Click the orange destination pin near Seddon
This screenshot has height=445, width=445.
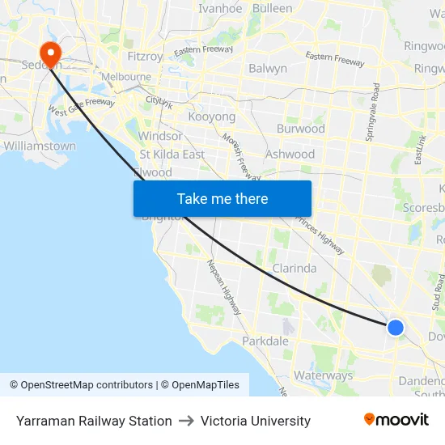(50, 53)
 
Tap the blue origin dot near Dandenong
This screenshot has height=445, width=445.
(395, 327)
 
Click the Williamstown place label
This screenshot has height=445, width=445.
(40, 146)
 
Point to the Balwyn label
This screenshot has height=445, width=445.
(268, 69)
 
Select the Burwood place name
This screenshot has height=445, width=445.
(300, 129)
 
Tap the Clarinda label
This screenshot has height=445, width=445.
(295, 268)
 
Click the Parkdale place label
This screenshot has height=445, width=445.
(265, 341)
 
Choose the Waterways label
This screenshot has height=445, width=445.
(323, 375)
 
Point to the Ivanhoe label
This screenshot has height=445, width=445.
(220, 8)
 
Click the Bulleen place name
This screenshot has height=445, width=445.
(273, 8)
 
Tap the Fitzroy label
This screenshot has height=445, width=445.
(146, 57)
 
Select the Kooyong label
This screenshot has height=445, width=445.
(211, 117)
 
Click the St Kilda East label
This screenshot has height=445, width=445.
(172, 155)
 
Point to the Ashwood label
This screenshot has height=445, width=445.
(290, 154)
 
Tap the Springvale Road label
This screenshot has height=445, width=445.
(375, 112)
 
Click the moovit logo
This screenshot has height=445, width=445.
(396, 420)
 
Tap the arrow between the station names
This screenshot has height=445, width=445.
(186, 421)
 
